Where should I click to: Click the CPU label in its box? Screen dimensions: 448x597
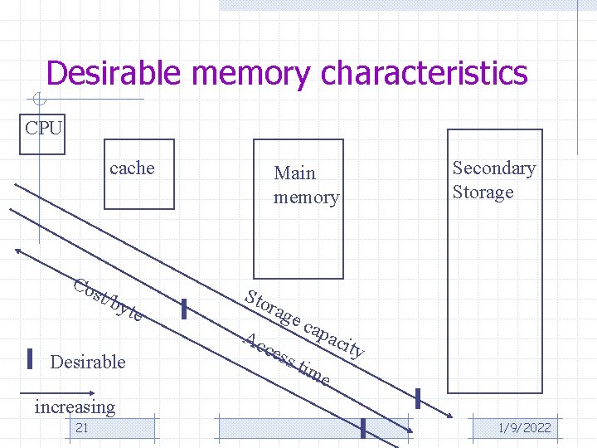tap(43, 128)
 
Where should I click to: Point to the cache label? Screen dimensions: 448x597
tap(132, 168)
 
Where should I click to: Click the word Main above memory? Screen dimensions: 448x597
tap(294, 173)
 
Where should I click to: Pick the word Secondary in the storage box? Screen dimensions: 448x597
tap(493, 168)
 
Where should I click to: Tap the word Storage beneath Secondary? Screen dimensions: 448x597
tap(483, 192)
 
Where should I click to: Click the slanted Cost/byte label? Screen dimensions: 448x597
tap(107, 300)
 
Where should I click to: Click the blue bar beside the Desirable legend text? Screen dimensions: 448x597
tap(30, 358)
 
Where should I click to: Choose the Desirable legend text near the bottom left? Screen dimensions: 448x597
tap(88, 362)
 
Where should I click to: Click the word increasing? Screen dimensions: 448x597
tap(75, 407)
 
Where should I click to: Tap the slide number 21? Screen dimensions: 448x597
tap(81, 428)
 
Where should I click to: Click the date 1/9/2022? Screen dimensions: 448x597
tap(524, 428)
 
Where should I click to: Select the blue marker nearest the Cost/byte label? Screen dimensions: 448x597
tap(183, 309)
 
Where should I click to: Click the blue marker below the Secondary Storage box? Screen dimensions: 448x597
tap(418, 398)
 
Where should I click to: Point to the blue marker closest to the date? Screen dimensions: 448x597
tap(363, 427)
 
